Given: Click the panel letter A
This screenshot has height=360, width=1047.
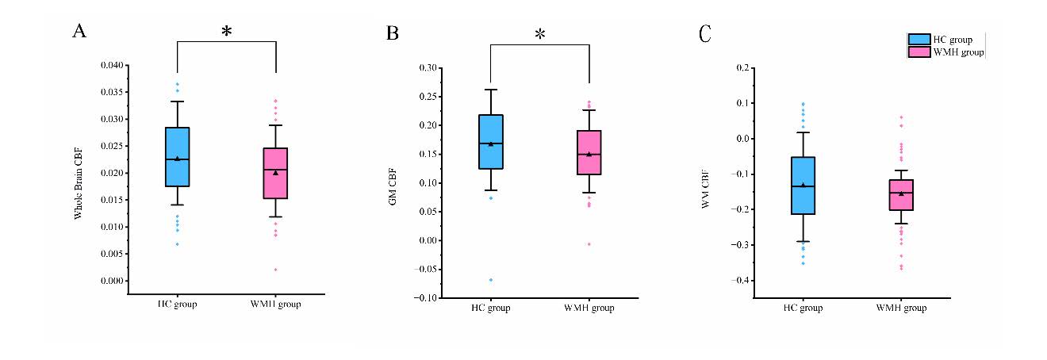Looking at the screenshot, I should click(79, 31).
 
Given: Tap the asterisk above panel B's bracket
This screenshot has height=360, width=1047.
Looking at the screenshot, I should click(540, 35).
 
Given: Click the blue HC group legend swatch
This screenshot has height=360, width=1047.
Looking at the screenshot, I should click(920, 40).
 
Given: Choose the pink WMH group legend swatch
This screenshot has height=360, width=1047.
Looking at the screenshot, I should click(920, 52).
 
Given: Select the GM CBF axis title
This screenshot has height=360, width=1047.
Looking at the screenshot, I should click(392, 183).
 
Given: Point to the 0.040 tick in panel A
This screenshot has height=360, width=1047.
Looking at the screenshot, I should click(112, 65).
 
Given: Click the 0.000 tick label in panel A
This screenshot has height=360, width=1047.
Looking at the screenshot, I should click(112, 281).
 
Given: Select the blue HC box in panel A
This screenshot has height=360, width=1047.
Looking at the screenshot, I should click(177, 157).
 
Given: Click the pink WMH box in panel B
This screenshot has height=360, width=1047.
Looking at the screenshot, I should click(589, 152).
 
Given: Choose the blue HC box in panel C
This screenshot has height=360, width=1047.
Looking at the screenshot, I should click(803, 186).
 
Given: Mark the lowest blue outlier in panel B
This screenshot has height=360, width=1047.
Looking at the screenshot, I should click(491, 280).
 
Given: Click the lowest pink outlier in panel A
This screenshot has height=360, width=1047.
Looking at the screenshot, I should click(275, 270).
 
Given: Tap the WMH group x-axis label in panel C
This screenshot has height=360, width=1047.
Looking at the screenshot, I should click(901, 308).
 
